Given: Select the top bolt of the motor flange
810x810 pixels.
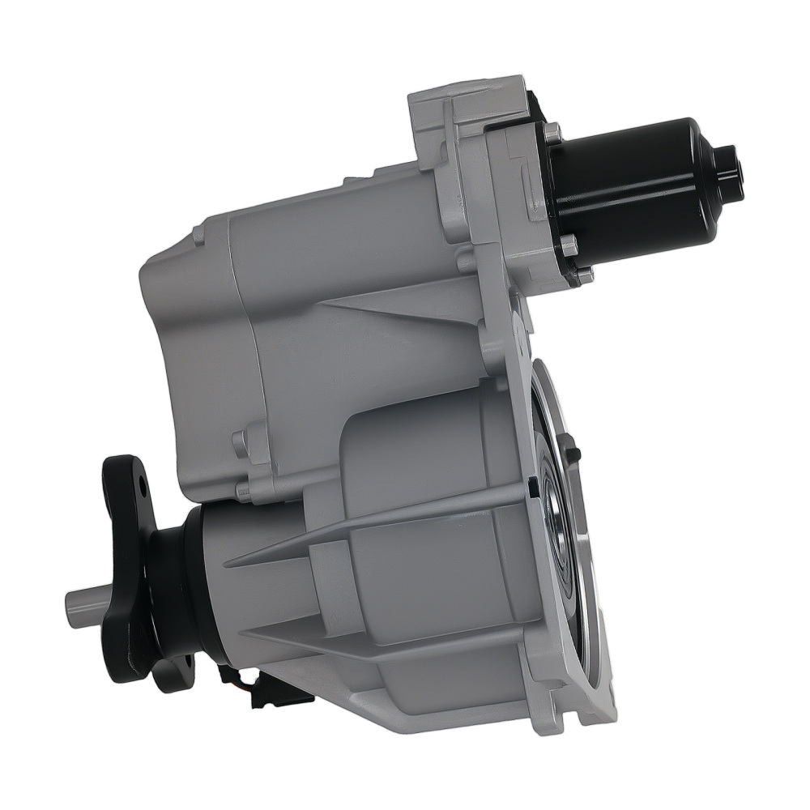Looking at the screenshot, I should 552,132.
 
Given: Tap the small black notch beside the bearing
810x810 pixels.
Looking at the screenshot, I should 532,487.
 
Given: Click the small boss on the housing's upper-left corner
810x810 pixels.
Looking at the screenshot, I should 198,235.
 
